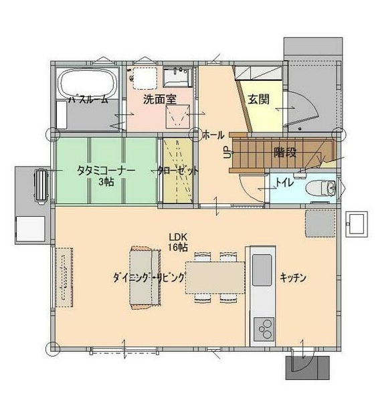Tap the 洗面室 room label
160,99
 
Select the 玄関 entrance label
258,99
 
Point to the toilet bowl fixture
321,188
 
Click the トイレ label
284,183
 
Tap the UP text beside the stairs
227,153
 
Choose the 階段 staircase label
285,153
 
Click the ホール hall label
213,135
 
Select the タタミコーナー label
106,171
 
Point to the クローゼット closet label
178,171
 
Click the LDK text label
178,237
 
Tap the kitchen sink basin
262,270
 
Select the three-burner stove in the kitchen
264,328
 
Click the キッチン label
293,278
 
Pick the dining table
215,278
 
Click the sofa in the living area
145,278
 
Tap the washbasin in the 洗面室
178,76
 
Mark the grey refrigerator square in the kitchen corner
320,223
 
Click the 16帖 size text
178,248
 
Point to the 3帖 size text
106,182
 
